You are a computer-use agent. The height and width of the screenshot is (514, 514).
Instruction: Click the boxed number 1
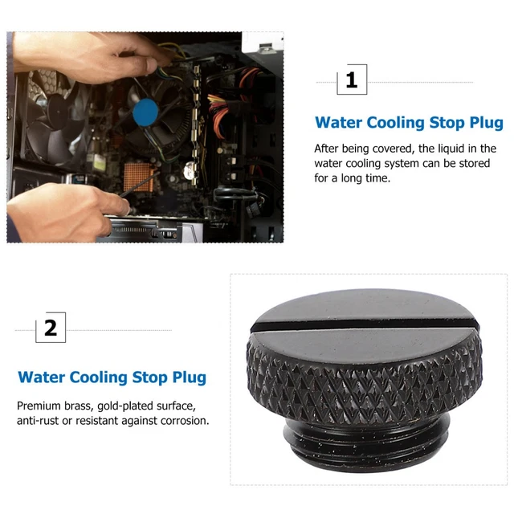pos(351,80)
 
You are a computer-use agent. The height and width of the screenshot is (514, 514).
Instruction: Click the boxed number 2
pos(51,328)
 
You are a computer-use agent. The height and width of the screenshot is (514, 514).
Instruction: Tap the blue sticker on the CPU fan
pos(145,112)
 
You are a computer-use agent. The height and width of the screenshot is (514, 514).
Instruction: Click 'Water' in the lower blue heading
pos(44,377)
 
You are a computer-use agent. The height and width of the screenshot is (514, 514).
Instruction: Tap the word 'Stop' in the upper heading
pos(435,123)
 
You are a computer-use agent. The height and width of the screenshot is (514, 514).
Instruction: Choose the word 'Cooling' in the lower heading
pos(104,377)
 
